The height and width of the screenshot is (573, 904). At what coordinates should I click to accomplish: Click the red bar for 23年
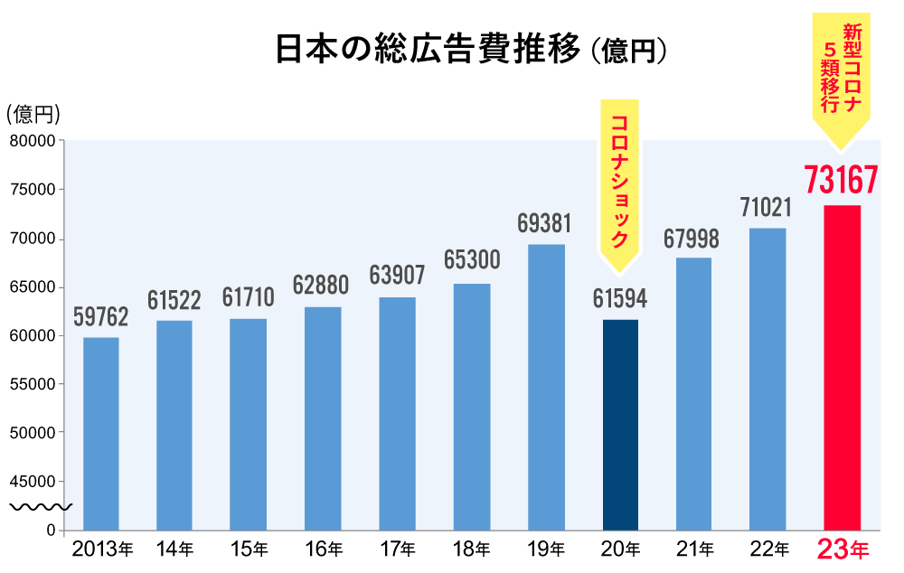click(x=842, y=367)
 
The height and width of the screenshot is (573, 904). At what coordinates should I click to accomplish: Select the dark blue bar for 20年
click(x=620, y=425)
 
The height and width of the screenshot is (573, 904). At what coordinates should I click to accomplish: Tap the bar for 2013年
click(x=101, y=434)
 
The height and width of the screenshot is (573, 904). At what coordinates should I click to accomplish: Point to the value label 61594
click(x=620, y=298)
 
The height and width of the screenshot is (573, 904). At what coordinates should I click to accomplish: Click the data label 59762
click(x=100, y=317)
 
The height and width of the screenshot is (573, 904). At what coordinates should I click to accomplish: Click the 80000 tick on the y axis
click(x=33, y=141)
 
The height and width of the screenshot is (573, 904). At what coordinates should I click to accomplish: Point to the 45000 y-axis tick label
click(x=33, y=481)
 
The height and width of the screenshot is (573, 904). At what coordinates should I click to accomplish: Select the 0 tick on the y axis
click(x=52, y=530)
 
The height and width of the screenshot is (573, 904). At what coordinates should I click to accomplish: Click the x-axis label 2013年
click(x=102, y=549)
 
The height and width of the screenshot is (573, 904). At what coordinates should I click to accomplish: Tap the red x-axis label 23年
click(x=842, y=549)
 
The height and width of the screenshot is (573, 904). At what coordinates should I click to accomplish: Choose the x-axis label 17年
click(x=398, y=549)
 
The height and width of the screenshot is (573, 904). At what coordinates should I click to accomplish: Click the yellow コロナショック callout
click(x=619, y=181)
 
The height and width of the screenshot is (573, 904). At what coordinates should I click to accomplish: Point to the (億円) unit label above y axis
click(x=33, y=114)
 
